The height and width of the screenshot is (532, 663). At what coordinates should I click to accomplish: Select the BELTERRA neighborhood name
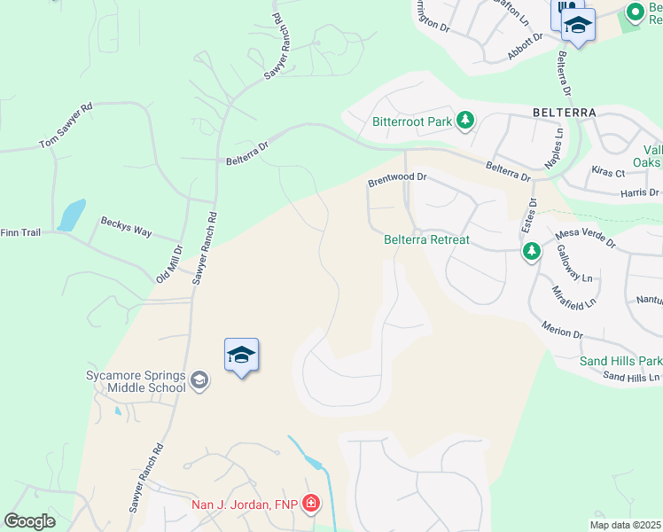[565, 113]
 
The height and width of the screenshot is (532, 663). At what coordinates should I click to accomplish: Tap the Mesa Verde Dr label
[585, 235]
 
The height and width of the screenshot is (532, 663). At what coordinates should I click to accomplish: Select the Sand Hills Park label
[620, 361]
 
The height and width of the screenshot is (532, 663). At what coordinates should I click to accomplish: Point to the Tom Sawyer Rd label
[66, 129]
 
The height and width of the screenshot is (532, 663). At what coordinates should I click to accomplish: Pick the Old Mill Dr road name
[168, 264]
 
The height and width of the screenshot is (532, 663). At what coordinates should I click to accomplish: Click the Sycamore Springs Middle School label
[136, 381]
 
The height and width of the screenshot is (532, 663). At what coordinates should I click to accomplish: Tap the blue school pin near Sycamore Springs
[241, 356]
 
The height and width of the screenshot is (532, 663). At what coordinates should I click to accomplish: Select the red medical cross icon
[311, 505]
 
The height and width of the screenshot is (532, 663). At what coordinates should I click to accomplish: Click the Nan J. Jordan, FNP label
[246, 506]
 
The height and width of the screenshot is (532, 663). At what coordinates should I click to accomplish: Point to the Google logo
[30, 521]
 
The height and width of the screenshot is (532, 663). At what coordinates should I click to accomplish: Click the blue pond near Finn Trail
[71, 215]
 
